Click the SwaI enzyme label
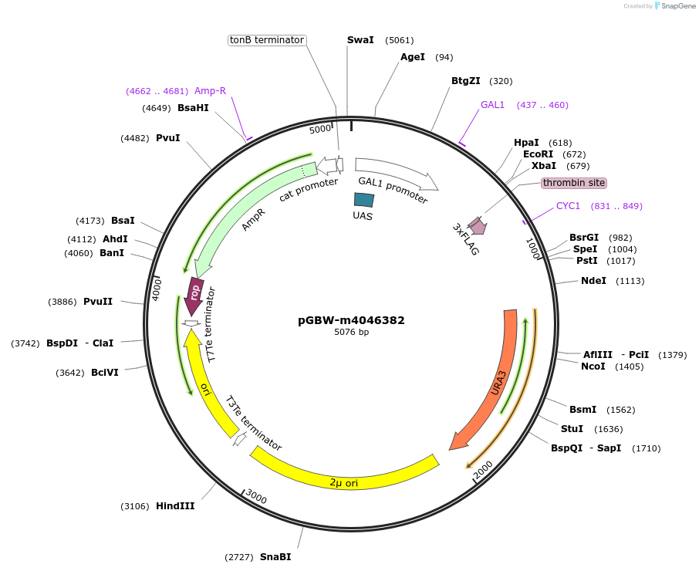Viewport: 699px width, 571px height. pos(360,40)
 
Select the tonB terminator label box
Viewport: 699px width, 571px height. pos(267,40)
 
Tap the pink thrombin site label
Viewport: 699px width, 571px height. pos(573,183)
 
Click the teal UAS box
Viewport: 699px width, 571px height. pos(363,200)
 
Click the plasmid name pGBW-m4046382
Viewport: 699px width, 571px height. pos(351,320)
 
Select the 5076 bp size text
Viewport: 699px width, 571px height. pos(351,333)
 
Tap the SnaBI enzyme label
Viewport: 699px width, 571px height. pos(275,556)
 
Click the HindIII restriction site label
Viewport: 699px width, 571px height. pos(175,506)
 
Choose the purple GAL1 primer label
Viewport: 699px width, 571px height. pos(492,105)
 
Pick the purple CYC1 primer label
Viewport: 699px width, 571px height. pos(568,206)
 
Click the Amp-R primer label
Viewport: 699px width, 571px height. pos(210,91)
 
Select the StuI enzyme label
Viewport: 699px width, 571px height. pos(572,429)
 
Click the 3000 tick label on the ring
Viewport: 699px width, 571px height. pos(256,499)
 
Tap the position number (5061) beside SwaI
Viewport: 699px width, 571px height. pos(400,40)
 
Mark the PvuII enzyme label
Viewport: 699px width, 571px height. pos(98,302)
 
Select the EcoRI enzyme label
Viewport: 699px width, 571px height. pos(538,154)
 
